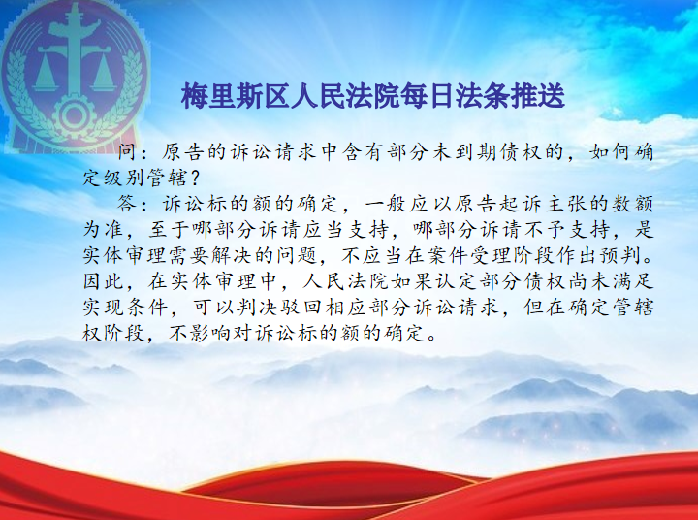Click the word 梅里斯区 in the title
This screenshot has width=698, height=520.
[x=236, y=96]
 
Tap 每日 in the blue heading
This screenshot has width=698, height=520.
[x=428, y=96]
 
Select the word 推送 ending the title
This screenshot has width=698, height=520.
[x=538, y=96]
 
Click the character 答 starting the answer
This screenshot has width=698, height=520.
[x=127, y=204]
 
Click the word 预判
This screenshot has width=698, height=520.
[x=620, y=256]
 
